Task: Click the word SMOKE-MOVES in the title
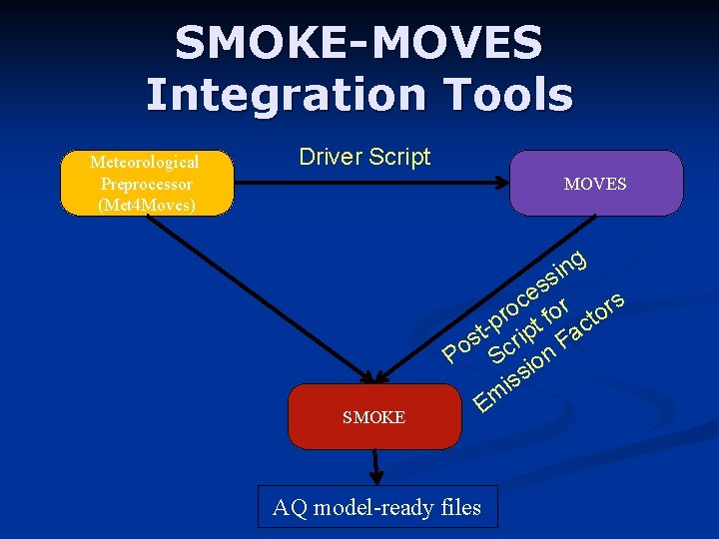coord(359,43)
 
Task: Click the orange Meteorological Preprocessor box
coord(146,184)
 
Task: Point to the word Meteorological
coord(145,162)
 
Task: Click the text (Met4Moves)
coord(146,206)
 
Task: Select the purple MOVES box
coord(596,184)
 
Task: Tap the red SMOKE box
coord(374,417)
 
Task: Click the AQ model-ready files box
coord(377,507)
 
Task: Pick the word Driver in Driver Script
coord(331,157)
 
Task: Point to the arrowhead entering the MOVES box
coord(501,183)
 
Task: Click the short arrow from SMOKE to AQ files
coord(376,465)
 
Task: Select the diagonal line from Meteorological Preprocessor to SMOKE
coord(260,295)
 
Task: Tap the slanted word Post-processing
coord(513,304)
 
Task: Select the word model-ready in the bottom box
coord(370,508)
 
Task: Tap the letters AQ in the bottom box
coord(290,508)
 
